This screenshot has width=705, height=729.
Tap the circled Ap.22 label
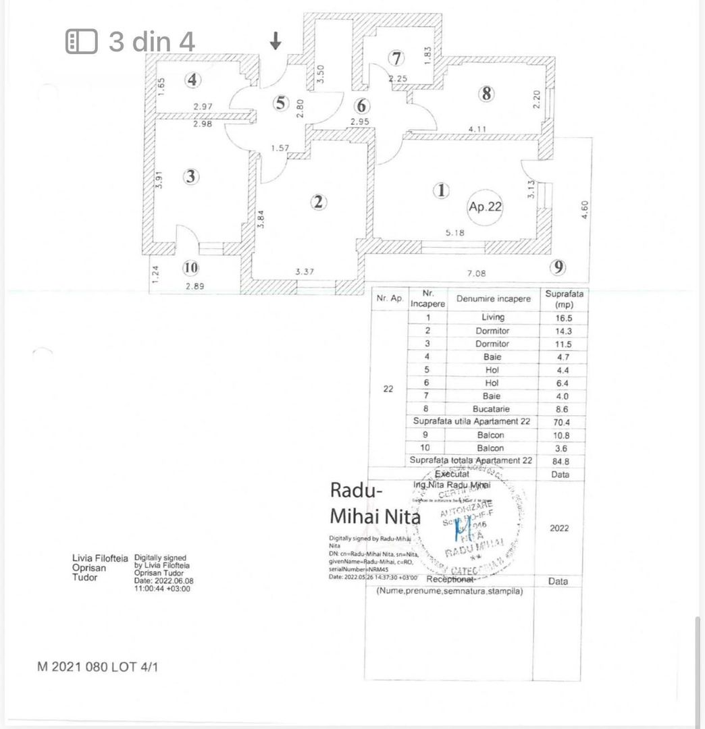[x=485, y=207]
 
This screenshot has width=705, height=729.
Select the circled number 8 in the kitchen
[x=486, y=94]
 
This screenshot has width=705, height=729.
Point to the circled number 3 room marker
[x=191, y=177]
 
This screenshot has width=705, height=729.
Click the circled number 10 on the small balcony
[x=191, y=268]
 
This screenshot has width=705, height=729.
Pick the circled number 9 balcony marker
[x=558, y=267]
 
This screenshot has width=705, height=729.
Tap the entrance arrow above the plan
[x=275, y=42]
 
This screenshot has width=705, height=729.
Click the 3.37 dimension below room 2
[x=306, y=272]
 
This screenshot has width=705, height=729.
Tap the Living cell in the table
[x=493, y=317]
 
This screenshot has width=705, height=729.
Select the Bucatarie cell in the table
[x=493, y=409]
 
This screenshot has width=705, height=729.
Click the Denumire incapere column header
[x=493, y=298]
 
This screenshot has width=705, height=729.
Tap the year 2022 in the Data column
[x=558, y=528]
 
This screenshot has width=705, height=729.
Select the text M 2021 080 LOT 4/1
[x=98, y=667]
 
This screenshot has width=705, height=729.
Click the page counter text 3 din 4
[x=152, y=42]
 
